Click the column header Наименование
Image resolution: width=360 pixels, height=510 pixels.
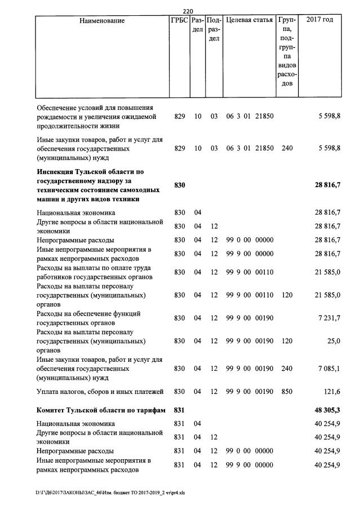click(x=102, y=21)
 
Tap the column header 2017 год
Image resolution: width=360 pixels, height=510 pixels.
click(x=319, y=21)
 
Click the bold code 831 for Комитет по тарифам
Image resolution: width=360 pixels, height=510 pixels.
click(x=180, y=410)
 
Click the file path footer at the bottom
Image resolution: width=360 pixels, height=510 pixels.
click(x=110, y=492)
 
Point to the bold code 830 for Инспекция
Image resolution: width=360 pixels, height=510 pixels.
click(x=180, y=185)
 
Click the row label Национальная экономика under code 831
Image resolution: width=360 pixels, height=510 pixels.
click(x=75, y=423)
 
